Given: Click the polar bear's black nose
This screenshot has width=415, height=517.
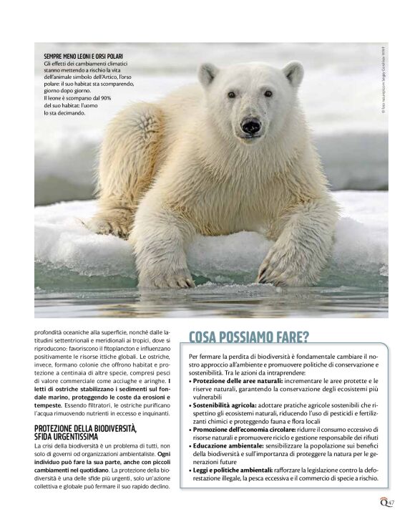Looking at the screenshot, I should (250, 126).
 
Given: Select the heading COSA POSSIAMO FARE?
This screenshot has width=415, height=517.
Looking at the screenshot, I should (249, 337).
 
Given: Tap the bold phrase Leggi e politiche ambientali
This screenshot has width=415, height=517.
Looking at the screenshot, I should (232, 469).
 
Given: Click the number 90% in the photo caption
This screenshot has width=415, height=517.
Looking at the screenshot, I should (106, 98).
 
